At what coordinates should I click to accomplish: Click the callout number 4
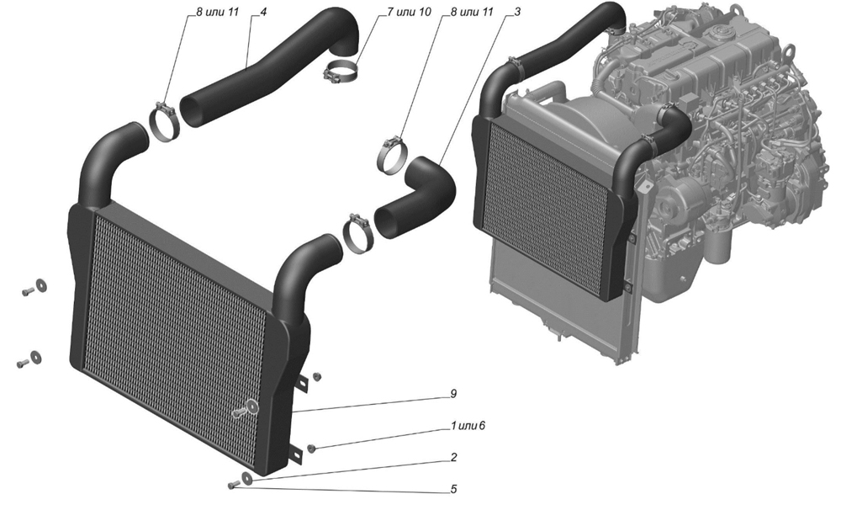point(263,13)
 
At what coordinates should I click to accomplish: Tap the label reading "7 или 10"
point(385,13)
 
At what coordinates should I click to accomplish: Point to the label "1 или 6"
point(468,427)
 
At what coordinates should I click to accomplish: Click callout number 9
point(453,395)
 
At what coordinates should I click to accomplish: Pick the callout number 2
point(453,458)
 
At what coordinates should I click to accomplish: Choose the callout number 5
point(453,489)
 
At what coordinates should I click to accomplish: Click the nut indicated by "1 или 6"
point(311,448)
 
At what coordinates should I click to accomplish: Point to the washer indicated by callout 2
point(246,479)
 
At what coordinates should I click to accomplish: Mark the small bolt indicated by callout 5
point(230,486)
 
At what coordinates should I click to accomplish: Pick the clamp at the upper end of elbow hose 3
point(391,152)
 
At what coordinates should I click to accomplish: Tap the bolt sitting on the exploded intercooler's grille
point(245,411)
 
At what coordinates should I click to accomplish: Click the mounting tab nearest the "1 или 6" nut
point(295,452)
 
